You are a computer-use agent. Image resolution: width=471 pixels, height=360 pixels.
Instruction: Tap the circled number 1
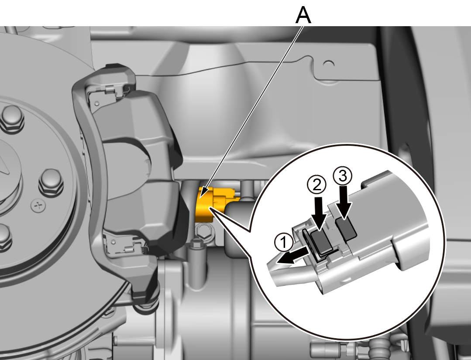tap(284, 242)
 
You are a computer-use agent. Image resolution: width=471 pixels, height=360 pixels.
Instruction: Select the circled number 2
tap(316, 185)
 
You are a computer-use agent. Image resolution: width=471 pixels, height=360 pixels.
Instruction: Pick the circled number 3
tap(342, 176)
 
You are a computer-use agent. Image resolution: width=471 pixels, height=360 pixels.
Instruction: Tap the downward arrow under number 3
tap(344, 202)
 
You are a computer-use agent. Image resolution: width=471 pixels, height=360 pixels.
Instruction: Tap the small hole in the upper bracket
tap(329, 64)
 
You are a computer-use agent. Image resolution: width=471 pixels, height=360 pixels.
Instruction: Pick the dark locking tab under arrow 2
tap(322, 241)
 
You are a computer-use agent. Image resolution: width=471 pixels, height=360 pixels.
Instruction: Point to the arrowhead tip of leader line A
tap(200, 197)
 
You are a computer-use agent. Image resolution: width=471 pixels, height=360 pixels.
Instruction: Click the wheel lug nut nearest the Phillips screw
tap(51, 183)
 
